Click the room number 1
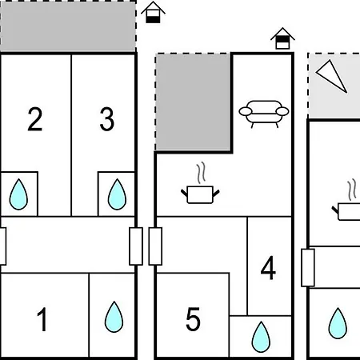42,319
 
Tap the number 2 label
35,119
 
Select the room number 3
107,119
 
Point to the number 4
268,268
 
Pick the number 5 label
193,319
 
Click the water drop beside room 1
114,317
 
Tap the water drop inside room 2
18,194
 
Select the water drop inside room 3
117,194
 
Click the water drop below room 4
261,337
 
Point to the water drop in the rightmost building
338,323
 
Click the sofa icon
264,114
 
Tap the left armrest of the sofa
246,111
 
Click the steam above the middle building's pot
202,173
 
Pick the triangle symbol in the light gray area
331,76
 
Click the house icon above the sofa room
282,38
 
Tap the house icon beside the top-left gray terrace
153,12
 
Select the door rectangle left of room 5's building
155,246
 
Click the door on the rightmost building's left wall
308,268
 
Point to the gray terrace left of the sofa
193,102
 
